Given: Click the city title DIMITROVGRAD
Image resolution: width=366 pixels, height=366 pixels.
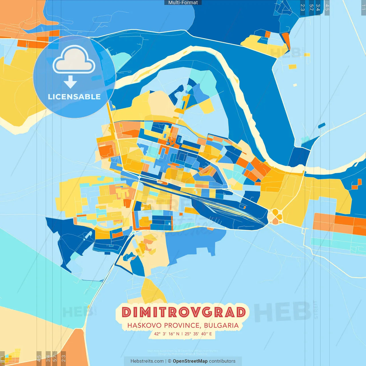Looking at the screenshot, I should [183, 312].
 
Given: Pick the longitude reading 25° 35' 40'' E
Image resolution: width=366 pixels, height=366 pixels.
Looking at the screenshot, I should [198, 334].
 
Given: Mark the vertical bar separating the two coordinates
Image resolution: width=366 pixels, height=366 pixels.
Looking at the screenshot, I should [182, 334].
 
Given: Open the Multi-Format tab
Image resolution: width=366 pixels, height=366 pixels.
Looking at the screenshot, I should [183, 3].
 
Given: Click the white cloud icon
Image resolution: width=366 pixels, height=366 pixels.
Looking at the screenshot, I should [74, 60].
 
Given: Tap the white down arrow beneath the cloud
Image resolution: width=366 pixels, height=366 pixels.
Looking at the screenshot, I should [70, 82].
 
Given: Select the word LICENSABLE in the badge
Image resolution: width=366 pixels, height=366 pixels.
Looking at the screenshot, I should [74, 97].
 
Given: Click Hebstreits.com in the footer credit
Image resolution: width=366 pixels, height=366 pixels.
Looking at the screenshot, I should [147, 361].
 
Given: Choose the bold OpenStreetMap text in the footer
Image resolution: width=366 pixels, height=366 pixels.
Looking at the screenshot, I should [190, 361].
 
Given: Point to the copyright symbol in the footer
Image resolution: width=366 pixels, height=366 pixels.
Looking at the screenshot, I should [170, 361].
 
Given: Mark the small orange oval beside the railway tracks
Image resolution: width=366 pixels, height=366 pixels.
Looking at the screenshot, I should [162, 182].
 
